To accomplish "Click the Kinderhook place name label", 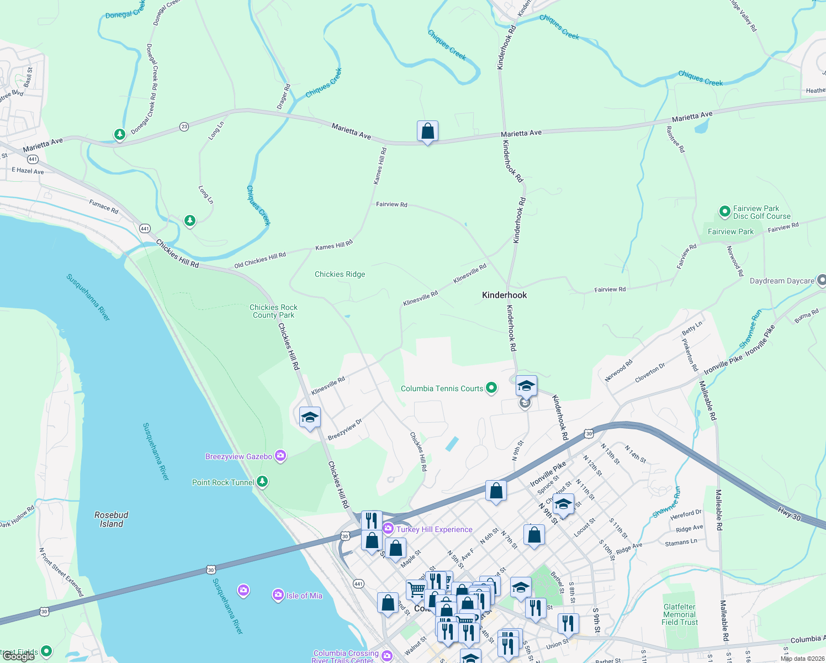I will [504, 295].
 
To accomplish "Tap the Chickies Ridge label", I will [340, 274].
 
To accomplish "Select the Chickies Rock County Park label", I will [273, 311].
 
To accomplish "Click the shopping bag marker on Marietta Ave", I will [427, 131].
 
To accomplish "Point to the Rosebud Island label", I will [112, 519].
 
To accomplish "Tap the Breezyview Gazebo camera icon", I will [280, 456].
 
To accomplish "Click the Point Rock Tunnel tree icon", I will [262, 482].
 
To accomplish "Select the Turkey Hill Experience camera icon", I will [388, 529].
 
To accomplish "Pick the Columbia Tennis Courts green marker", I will [490, 388].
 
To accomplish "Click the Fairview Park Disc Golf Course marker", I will [724, 212].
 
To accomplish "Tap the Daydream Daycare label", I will [782, 281].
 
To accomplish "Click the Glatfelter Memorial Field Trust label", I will [680, 614].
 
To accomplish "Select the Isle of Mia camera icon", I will [278, 595].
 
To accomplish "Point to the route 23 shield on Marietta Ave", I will [184, 127].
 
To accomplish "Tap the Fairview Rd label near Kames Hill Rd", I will [391, 204].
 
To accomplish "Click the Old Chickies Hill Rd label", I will [260, 260].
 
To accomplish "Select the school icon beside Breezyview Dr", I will [310, 417].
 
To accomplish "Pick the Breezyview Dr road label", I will [345, 429].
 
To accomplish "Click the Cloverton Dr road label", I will [650, 373].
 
